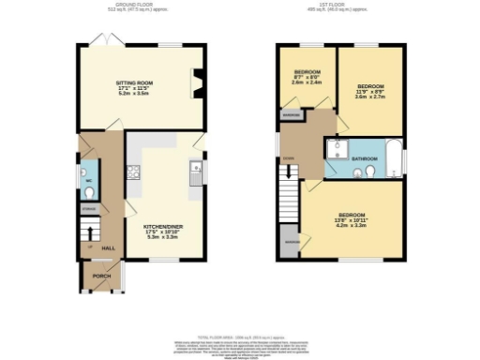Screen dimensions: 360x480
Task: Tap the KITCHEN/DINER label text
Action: tap(157, 226)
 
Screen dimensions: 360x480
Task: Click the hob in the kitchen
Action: tap(133, 172)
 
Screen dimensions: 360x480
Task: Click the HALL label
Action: tap(108, 247)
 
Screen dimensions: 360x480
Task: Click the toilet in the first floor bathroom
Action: tap(372, 172)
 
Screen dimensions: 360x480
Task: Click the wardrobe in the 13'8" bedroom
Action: tap(291, 243)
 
